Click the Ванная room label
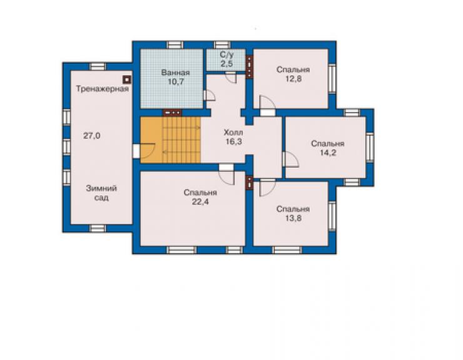pyautogui.click(x=175, y=73)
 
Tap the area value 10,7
pyautogui.click(x=176, y=82)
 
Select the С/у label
pyautogui.click(x=226, y=54)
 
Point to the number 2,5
pyautogui.click(x=226, y=63)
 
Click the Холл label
pyautogui.click(x=233, y=132)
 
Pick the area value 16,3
pyautogui.click(x=233, y=141)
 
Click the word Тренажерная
pyautogui.click(x=102, y=89)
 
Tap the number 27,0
pyautogui.click(x=91, y=136)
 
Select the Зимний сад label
pyautogui.click(x=101, y=193)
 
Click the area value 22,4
pyautogui.click(x=200, y=202)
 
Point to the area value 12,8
pyautogui.click(x=293, y=79)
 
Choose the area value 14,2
pyautogui.click(x=328, y=153)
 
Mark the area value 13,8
pyautogui.click(x=293, y=219)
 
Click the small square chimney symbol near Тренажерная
pyautogui.click(x=127, y=80)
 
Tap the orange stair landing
pyautogui.click(x=151, y=140)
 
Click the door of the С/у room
pyautogui.click(x=231, y=78)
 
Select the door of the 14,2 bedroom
pyautogui.click(x=290, y=160)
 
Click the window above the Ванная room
pyautogui.click(x=175, y=45)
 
